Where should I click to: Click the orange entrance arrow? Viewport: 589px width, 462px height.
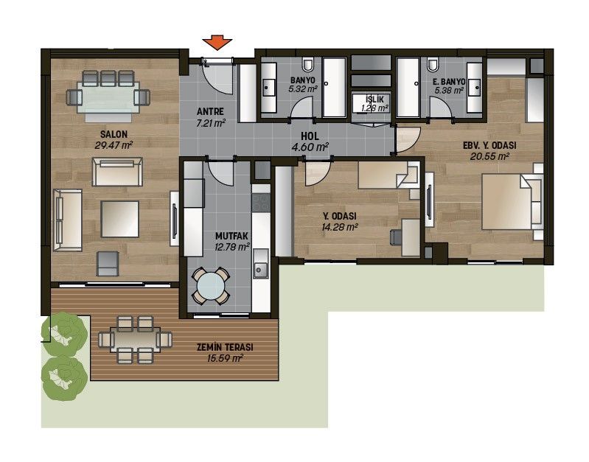tap(217, 42)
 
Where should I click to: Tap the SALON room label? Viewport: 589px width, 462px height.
tap(114, 134)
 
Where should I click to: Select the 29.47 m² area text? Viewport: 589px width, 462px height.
tap(114, 145)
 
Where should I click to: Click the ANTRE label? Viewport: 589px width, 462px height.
tap(210, 111)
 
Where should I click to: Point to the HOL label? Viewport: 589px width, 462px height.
tap(310, 136)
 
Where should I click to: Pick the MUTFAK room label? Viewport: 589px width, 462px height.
tap(231, 236)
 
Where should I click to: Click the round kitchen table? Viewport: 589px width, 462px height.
tap(210, 285)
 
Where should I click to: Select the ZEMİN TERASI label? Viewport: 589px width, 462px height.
tap(225, 347)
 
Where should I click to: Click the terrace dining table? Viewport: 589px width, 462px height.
tap(135, 340)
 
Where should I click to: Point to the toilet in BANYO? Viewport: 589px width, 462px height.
tap(308, 65)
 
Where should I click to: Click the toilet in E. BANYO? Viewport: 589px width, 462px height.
tap(433, 65)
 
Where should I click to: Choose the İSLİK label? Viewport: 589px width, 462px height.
tap(374, 99)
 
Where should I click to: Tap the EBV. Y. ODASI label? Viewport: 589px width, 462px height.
tap(489, 145)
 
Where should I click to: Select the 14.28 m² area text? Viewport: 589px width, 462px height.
tap(339, 227)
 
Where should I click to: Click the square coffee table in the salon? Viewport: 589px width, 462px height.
tap(120, 219)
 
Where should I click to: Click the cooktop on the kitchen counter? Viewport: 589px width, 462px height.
tap(261, 203)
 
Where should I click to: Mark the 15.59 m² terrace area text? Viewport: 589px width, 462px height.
tap(225, 358)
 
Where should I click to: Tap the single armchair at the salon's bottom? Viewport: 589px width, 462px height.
tap(108, 263)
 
